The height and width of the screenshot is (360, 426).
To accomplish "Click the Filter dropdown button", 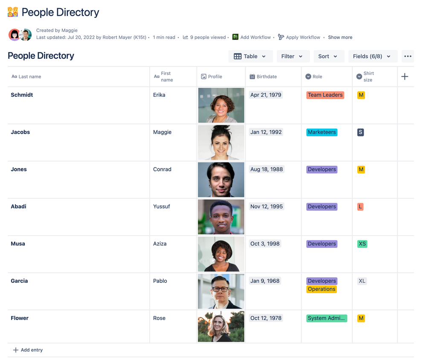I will (x=292, y=56).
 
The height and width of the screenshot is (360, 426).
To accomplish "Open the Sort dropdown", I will (x=328, y=56).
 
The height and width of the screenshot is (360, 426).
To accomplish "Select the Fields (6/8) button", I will (x=372, y=56).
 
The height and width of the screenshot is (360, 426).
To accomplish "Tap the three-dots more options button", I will (x=408, y=56).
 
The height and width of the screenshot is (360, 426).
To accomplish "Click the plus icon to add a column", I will (x=405, y=77).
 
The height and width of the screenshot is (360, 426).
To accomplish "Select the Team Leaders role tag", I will (x=325, y=95).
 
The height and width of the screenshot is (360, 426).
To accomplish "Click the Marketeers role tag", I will (x=322, y=132).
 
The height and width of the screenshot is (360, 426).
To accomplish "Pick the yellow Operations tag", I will (x=322, y=289).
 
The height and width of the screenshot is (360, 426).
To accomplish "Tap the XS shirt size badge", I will (x=362, y=244).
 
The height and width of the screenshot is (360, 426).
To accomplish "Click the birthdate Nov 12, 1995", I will (x=267, y=207).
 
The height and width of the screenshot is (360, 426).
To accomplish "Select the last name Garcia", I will (x=19, y=281).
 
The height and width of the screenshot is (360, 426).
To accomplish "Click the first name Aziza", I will (x=160, y=244).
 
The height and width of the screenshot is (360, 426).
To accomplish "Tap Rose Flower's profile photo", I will (x=221, y=326).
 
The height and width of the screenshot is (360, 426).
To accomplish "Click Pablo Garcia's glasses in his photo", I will (x=220, y=288).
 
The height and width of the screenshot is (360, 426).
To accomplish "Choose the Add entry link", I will (x=28, y=350).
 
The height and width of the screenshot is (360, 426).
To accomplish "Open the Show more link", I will (x=340, y=37).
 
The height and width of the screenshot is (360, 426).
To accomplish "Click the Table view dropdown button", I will (x=250, y=56).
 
